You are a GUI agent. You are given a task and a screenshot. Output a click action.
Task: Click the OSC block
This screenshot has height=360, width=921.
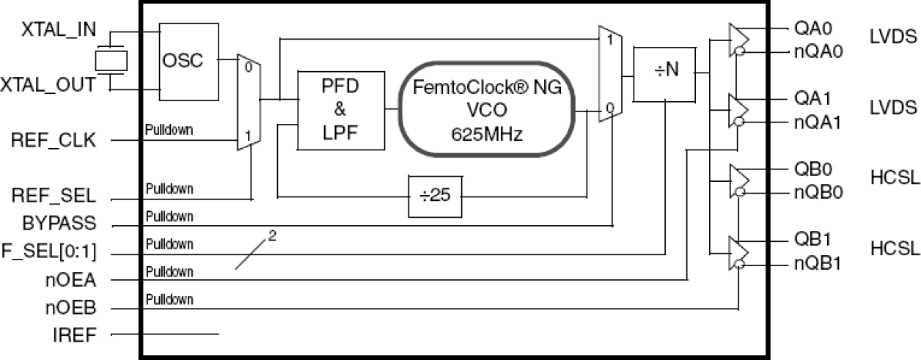coord(189,61)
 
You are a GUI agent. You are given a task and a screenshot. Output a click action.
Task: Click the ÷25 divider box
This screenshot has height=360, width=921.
coord(436,197)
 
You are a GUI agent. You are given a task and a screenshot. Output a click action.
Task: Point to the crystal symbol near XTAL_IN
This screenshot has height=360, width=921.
coord(110,60)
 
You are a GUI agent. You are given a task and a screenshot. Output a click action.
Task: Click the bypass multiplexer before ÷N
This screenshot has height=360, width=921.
coord(610,73)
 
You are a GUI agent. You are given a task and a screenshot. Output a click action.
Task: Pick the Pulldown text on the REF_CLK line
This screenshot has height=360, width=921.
coord(169,131)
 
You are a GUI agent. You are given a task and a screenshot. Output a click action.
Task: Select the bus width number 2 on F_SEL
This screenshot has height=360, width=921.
coord(272,236)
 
